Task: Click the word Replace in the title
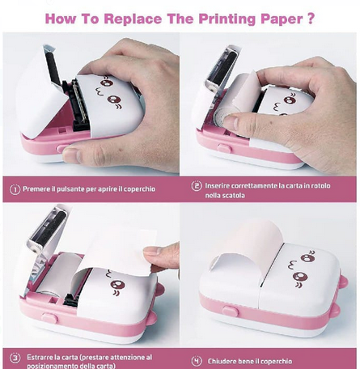[133, 19]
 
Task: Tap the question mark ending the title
[311, 19]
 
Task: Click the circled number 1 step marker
[15, 189]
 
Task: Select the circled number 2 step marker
[197, 186]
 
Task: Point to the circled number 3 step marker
[15, 358]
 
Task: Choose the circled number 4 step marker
[197, 361]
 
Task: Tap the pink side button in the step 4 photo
[230, 312]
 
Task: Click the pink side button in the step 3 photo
[50, 318]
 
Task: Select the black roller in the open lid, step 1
[53, 68]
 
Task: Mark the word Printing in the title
[227, 19]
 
